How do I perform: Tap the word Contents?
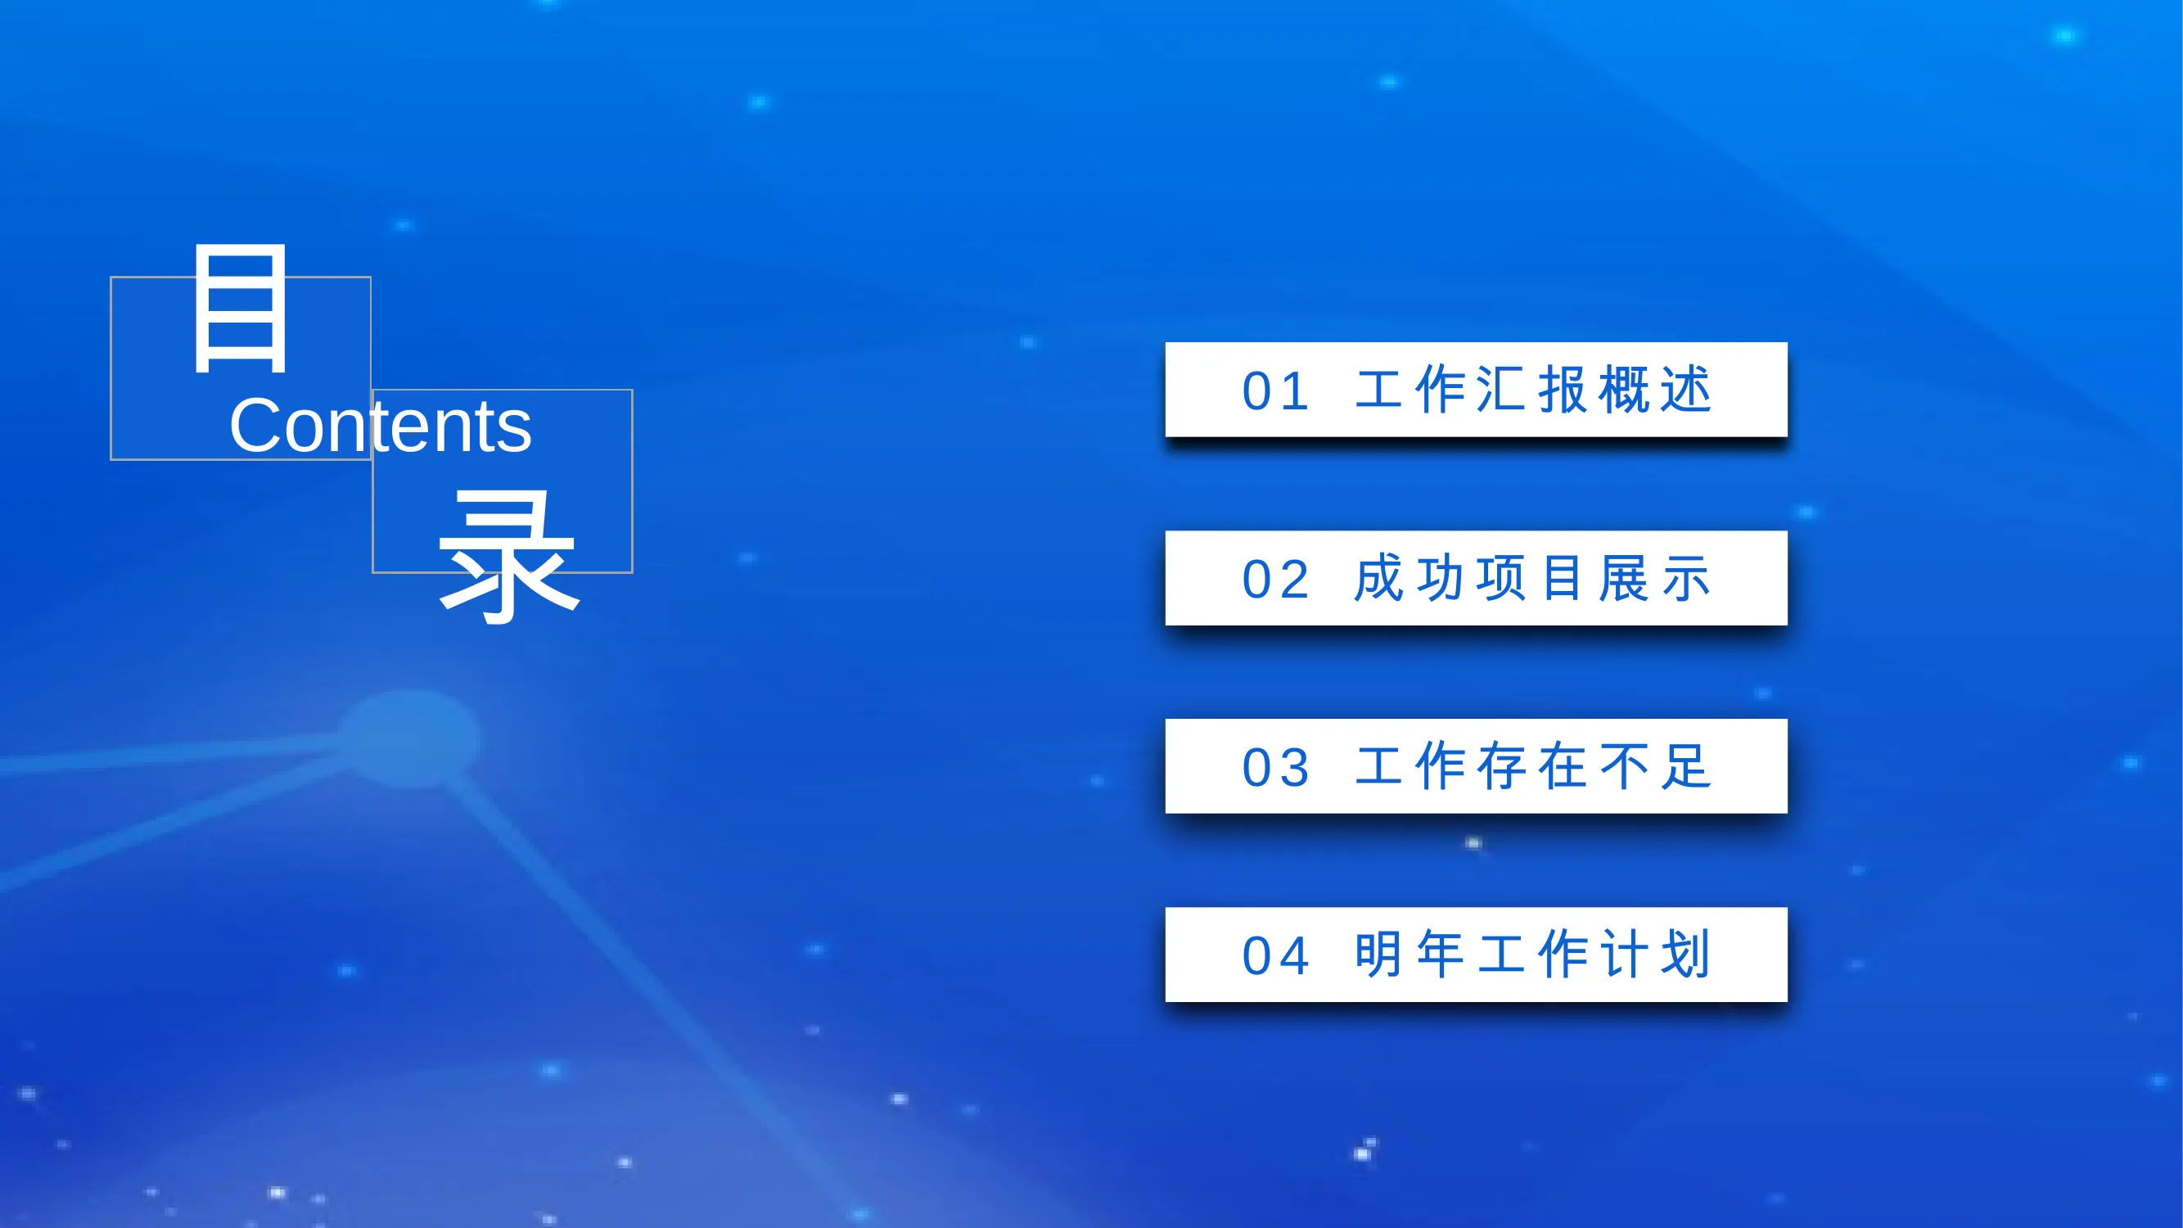(381, 426)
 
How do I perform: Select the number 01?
(1275, 391)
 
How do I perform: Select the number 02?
(1275, 580)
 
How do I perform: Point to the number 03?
(1275, 768)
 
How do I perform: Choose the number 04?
(1275, 956)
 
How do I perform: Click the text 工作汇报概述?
(1534, 390)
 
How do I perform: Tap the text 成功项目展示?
(1534, 578)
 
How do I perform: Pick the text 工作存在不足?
(1534, 766)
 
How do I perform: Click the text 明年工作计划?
(1534, 955)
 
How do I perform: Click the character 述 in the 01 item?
(1686, 390)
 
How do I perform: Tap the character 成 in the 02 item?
(1381, 578)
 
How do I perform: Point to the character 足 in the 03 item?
(1686, 766)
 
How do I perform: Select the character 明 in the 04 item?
(1380, 955)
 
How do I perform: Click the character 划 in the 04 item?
(1686, 955)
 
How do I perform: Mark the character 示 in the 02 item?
(1686, 579)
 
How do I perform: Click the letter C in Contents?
(255, 426)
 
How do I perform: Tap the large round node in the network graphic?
(409, 738)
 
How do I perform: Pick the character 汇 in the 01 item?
(1504, 390)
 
